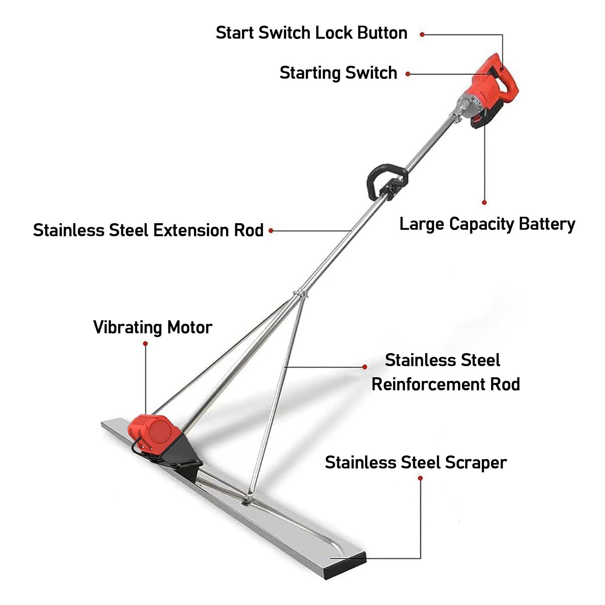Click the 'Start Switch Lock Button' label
tap(312, 33)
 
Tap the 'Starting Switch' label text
tap(338, 73)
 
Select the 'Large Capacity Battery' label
tap(487, 224)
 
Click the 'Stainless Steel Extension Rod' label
tap(148, 230)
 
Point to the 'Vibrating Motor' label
tap(153, 327)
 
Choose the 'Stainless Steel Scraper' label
tap(416, 463)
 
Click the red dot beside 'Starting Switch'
tap(408, 74)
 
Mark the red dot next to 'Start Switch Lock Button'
tap(422, 34)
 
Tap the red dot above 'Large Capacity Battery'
tap(485, 202)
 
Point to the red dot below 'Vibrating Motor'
tap(145, 343)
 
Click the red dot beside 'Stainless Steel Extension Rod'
tap(271, 230)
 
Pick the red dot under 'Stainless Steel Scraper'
tap(420, 478)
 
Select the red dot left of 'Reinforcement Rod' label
tap(365, 367)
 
